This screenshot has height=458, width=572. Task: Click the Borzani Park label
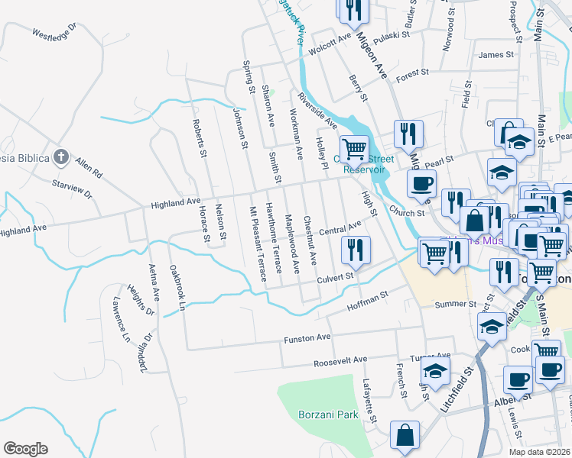pos(328,415)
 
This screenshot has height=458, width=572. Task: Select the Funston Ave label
pos(307,337)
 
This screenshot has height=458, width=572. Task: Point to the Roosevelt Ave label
pos(341,359)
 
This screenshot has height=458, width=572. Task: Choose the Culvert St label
pos(336,278)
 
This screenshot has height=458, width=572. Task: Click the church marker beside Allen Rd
pos(61,158)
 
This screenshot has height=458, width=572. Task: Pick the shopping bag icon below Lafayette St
pos(405,435)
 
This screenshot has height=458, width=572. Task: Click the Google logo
pos(26,449)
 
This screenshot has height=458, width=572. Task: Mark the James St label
pos(496,55)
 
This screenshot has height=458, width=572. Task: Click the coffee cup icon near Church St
pos(420,183)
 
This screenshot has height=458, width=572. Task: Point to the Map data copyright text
pos(539,452)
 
